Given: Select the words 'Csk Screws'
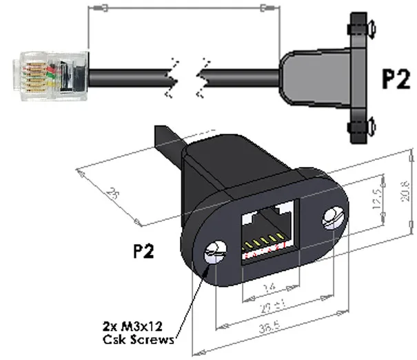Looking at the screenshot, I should [136, 339].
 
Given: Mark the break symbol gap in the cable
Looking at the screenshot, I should [187, 74].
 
